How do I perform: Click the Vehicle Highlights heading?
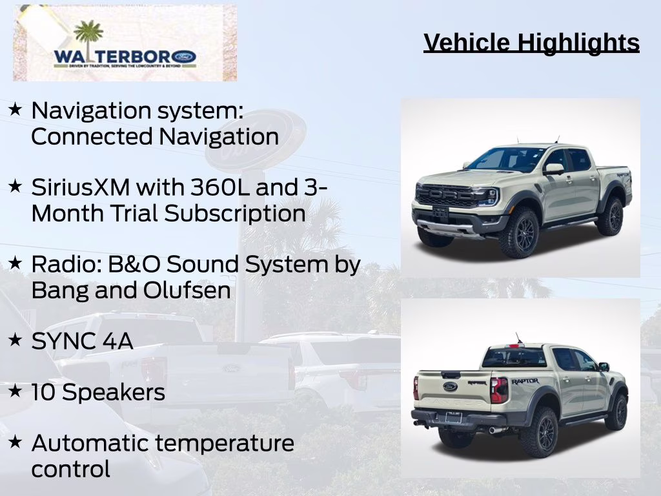(x=531, y=43)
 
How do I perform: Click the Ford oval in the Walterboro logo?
(x=184, y=57)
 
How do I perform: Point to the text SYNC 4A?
(x=82, y=341)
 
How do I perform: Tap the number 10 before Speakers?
(x=43, y=392)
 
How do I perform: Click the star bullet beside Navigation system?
(x=15, y=109)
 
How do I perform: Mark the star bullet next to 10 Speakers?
(x=15, y=391)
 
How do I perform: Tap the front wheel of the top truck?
(x=520, y=232)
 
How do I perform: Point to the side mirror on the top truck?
(x=553, y=169)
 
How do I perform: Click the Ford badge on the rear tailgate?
(x=450, y=386)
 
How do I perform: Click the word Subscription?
(x=234, y=213)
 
